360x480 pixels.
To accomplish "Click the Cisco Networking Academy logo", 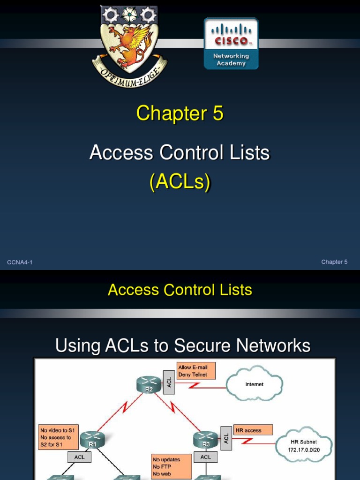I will coord(231,44).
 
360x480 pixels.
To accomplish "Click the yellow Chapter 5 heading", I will coord(180,114).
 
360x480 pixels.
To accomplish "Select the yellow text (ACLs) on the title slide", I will coord(180,182).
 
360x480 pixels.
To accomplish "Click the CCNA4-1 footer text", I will coord(20,262).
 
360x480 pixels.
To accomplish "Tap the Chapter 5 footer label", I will coord(334,262).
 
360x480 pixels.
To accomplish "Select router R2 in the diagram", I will coord(149,385).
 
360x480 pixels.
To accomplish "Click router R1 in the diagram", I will coord(92,439).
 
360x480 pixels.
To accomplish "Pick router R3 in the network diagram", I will coord(205,439).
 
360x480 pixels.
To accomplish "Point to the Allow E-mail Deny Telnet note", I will coord(195,371).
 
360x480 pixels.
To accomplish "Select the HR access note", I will coord(254,430).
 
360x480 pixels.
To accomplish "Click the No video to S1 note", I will coord(59,437).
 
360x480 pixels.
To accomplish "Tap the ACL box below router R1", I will coord(80,457).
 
